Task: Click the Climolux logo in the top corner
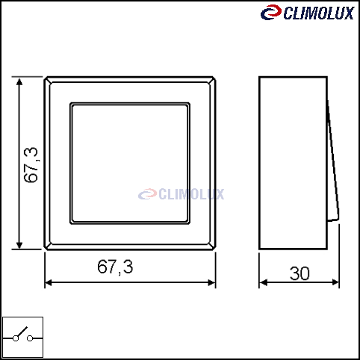pyautogui.click(x=308, y=13)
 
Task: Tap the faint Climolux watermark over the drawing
pyautogui.click(x=181, y=194)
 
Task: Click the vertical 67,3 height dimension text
pyautogui.click(x=31, y=165)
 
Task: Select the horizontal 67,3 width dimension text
pyautogui.click(x=115, y=267)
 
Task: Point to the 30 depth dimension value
pyautogui.click(x=300, y=273)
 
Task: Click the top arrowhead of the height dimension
pyautogui.click(x=19, y=81)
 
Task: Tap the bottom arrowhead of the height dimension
pyautogui.click(x=19, y=244)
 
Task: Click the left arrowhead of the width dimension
pyautogui.click(x=49, y=282)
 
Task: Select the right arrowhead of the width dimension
pyautogui.click(x=211, y=282)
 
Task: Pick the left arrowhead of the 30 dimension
pyautogui.click(x=263, y=282)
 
